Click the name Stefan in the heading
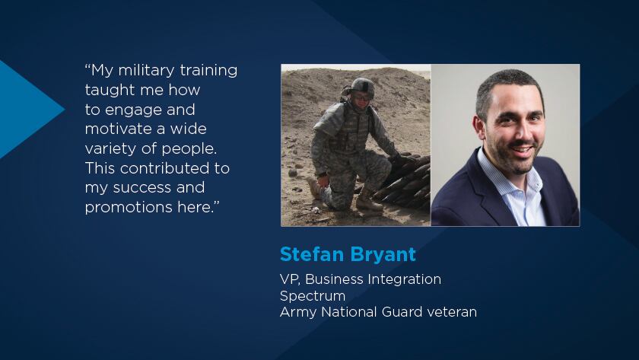pyautogui.click(x=312, y=254)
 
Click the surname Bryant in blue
pyautogui.click(x=383, y=255)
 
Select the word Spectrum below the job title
pyautogui.click(x=313, y=296)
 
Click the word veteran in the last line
pyautogui.click(x=452, y=312)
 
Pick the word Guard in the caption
pyautogui.click(x=402, y=312)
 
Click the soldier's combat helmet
pyautogui.click(x=362, y=86)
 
